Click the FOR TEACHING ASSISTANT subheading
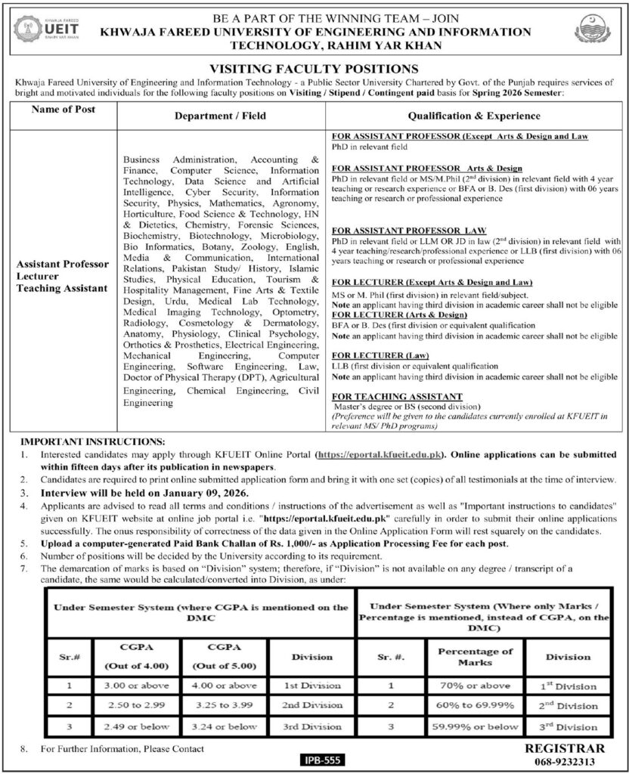(x=397, y=396)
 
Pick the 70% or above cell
(x=481, y=686)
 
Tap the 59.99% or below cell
(x=481, y=726)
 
